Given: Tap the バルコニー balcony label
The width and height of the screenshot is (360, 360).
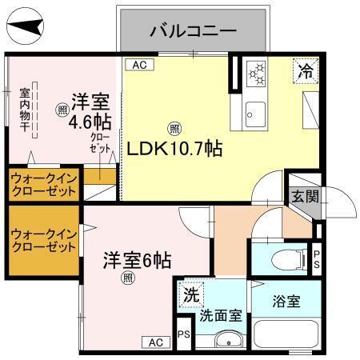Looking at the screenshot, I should pyautogui.click(x=193, y=32).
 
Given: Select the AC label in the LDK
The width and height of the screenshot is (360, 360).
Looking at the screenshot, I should pyautogui.click(x=138, y=65).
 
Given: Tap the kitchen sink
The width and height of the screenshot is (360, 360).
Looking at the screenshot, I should pyautogui.click(x=257, y=110).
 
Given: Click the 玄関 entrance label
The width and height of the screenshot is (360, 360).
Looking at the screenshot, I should pyautogui.click(x=304, y=195).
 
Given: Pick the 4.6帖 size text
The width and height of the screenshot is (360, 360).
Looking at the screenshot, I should pyautogui.click(x=89, y=123).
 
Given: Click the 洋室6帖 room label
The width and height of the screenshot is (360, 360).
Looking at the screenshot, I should pyautogui.click(x=136, y=260).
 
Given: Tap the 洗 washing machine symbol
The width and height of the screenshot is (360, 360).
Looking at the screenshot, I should pyautogui.click(x=190, y=294).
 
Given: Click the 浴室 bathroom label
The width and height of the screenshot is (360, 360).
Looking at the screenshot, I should pyautogui.click(x=285, y=302).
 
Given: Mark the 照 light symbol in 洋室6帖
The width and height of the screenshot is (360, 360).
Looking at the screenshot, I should pyautogui.click(x=128, y=278).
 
